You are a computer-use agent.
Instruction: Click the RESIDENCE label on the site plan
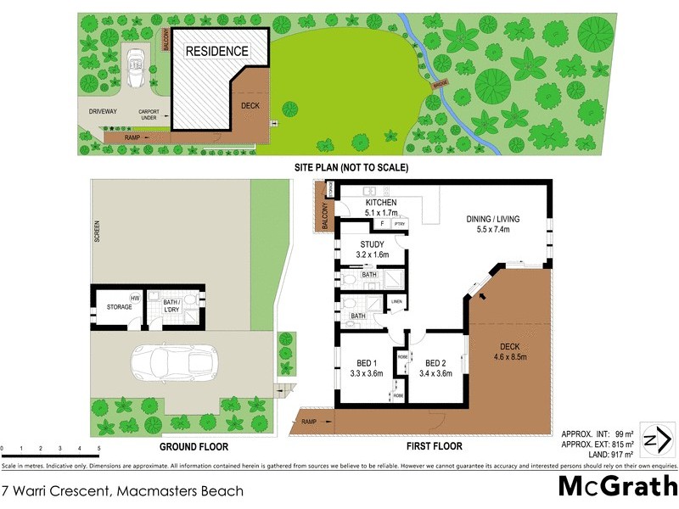[x=218, y=52]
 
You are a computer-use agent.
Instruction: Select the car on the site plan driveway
[x=134, y=67]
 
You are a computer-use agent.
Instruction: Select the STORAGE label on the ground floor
[x=119, y=305]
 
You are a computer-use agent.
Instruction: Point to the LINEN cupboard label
[x=396, y=302]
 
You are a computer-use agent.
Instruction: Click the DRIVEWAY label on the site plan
[x=102, y=111]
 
